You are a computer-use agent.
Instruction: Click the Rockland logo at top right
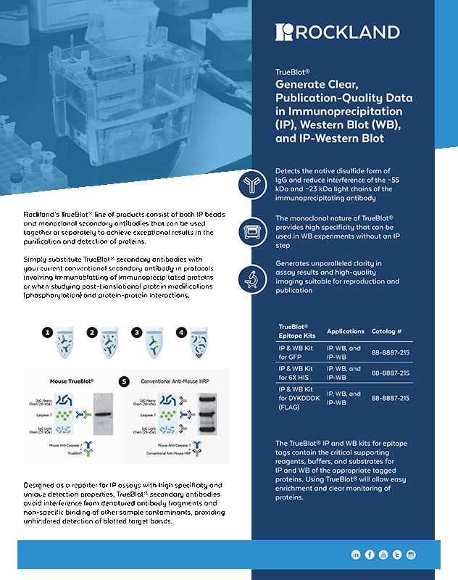(x=337, y=31)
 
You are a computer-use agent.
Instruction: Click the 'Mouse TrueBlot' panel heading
(x=72, y=381)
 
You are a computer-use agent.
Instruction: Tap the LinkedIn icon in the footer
(x=356, y=555)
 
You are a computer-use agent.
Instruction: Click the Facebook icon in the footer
(x=370, y=555)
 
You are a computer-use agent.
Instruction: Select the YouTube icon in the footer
(x=383, y=555)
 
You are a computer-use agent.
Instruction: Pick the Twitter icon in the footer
(x=397, y=555)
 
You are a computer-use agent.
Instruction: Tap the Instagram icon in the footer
(x=411, y=555)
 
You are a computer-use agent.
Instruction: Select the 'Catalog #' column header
(x=386, y=331)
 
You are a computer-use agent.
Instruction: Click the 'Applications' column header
(x=346, y=331)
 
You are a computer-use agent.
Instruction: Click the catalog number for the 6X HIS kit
(x=390, y=373)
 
